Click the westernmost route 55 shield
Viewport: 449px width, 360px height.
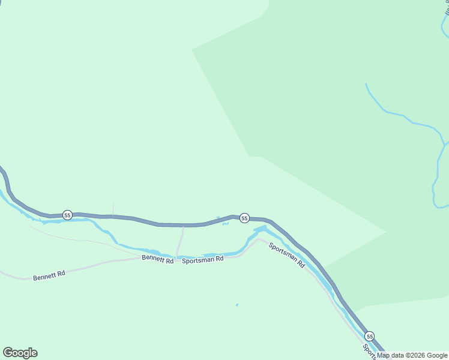[x=67, y=215]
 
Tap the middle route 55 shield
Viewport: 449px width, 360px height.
[x=244, y=218]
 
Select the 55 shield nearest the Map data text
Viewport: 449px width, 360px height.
[x=370, y=336]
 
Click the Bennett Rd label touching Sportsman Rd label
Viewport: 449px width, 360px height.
[x=157, y=259]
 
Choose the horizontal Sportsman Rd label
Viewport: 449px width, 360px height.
[x=203, y=259]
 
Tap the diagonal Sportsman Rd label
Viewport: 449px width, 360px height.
[x=286, y=254]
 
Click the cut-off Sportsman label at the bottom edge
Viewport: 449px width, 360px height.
[x=368, y=352]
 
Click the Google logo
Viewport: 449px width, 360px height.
[x=20, y=353]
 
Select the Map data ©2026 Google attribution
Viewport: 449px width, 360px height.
[x=412, y=355]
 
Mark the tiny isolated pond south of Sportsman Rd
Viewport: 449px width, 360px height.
[x=237, y=305]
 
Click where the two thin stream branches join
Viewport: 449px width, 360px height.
[x=444, y=145]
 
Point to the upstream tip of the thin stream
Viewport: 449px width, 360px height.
[x=366, y=85]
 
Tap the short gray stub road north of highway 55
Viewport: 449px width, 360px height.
[x=113, y=209]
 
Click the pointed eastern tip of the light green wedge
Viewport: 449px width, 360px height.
[x=385, y=231]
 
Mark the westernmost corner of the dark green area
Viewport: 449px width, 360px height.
[x=191, y=49]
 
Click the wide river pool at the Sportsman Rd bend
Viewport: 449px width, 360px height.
[x=260, y=229]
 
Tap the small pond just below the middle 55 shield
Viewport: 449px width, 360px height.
[x=225, y=224]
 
